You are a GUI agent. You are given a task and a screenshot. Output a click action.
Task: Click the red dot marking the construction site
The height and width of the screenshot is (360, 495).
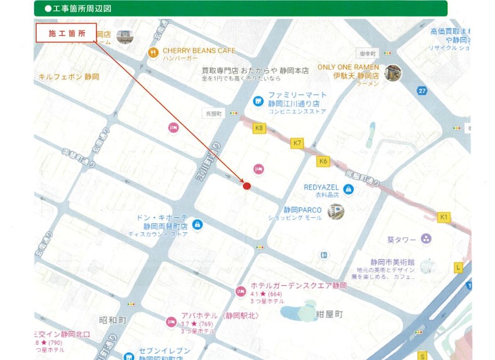[247, 186]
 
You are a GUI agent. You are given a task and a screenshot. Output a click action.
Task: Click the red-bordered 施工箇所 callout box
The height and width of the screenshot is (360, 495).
[66, 33]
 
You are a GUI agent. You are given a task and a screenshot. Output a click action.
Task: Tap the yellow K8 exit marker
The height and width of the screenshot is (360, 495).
[259, 128]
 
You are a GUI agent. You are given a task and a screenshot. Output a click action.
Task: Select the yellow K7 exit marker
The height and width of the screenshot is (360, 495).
[298, 143]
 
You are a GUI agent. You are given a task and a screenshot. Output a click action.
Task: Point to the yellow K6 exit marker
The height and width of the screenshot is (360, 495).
[323, 161]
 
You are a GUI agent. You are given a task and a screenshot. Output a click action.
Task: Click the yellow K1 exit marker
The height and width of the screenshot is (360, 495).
[444, 217]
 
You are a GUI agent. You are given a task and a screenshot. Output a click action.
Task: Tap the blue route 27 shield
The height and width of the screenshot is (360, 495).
[422, 91]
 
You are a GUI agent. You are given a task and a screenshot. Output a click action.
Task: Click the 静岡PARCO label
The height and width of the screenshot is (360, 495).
[302, 210]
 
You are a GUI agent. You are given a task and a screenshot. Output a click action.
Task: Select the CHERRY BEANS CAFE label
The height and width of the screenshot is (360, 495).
[198, 50]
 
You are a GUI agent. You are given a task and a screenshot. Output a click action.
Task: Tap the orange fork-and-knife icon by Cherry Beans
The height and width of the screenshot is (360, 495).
[153, 53]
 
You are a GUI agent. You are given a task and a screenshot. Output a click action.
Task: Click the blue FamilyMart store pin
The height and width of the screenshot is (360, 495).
[257, 101]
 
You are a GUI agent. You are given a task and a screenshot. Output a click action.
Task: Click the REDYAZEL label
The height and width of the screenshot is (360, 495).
[321, 187]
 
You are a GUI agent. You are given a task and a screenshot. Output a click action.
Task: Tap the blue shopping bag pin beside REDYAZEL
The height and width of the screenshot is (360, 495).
[348, 189]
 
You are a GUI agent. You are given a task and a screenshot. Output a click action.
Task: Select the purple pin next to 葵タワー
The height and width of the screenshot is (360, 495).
[426, 239]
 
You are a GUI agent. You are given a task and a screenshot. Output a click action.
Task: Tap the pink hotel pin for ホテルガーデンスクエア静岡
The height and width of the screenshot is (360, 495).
[240, 291]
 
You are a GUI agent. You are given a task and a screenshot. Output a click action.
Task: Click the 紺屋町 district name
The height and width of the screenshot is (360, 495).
[329, 313]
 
